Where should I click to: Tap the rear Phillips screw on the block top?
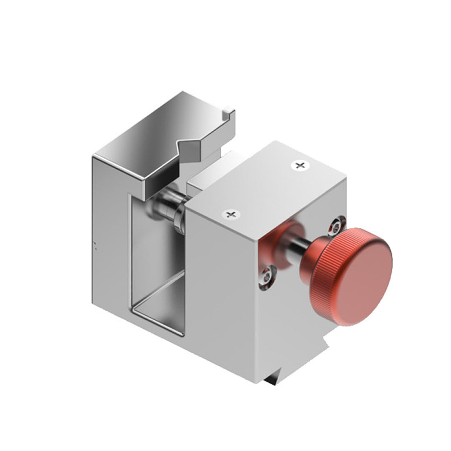[x=299, y=166]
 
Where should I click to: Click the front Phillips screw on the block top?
[x=231, y=214]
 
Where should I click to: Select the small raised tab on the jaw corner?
[x=229, y=110]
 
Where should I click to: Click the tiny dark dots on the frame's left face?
[x=95, y=245]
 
